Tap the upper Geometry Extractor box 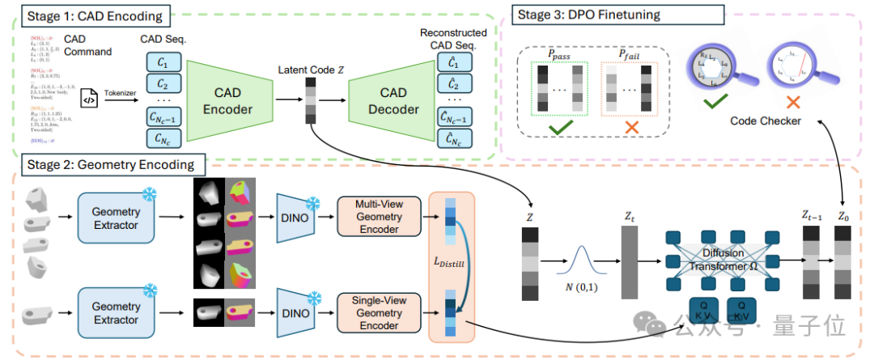117,218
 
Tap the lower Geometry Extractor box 117,313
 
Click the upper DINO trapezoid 295,218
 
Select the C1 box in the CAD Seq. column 162,62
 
